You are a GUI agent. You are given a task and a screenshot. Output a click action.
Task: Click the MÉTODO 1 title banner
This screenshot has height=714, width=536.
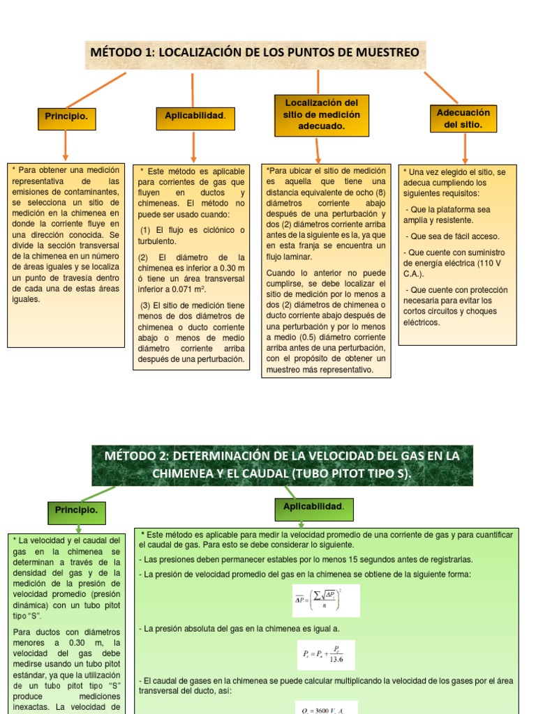coord(255,53)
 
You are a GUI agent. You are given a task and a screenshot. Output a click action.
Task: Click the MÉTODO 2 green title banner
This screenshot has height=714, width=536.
coord(282,465)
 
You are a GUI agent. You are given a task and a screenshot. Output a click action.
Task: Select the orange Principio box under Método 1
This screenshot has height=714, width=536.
coord(66,118)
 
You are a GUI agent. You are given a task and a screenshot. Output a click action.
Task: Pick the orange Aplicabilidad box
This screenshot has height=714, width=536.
coord(195,116)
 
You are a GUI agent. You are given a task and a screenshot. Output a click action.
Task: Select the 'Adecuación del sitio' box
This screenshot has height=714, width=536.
coord(463,119)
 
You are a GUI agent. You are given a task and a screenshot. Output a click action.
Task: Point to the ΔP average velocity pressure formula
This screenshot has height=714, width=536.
coord(326,600)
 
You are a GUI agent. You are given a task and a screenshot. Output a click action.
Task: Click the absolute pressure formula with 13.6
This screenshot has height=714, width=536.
coord(325,655)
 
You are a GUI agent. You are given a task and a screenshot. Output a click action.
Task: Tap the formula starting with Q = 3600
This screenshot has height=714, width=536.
coord(326,707)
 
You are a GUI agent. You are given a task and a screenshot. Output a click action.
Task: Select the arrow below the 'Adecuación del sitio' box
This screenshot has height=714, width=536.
coord(466,149)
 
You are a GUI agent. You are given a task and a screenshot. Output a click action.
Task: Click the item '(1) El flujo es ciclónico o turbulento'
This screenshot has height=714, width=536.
coord(190,236)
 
